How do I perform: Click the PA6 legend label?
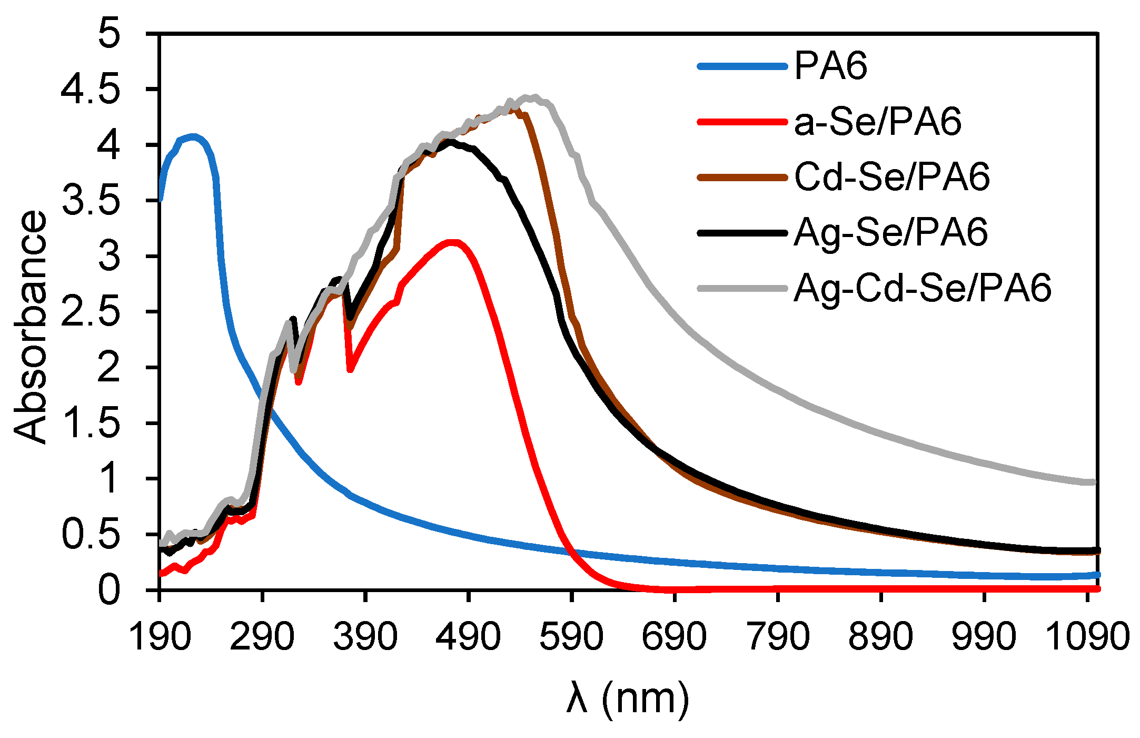[x=830, y=66]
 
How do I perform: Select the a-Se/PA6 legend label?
[x=877, y=122]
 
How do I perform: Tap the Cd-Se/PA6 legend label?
[x=891, y=177]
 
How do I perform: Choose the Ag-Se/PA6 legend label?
[x=890, y=232]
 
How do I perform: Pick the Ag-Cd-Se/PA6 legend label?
[x=922, y=288]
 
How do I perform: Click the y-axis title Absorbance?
[x=31, y=327]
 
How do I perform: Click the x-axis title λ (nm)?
[x=628, y=699]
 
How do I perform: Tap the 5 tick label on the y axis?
[x=110, y=34]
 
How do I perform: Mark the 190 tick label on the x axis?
[x=159, y=636]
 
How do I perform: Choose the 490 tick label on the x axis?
[x=468, y=636]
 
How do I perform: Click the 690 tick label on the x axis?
[x=674, y=636]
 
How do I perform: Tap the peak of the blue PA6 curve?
[x=193, y=136]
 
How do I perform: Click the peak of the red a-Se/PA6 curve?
[x=453, y=242]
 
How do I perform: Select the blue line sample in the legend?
[x=742, y=66]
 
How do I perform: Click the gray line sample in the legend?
[x=742, y=288]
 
